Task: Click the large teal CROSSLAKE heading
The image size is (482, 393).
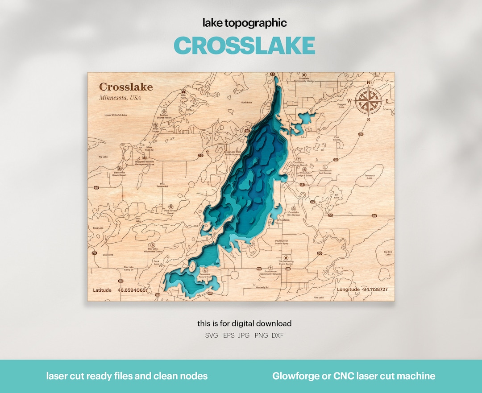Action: coord(244,46)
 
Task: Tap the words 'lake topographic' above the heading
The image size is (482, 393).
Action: coord(245,23)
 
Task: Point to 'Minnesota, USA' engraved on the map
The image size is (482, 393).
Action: coord(120,98)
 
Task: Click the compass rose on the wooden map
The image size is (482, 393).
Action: coord(368,101)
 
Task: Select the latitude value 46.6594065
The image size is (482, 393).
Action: coord(133,290)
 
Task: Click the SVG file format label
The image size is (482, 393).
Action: coord(211,335)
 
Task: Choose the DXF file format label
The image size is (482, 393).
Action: coord(277,335)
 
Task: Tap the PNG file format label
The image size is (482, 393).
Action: coord(262,335)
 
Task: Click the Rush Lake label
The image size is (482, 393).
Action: coord(246,103)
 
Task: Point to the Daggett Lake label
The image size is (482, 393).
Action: coord(342,106)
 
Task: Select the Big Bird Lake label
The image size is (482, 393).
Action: coord(388,253)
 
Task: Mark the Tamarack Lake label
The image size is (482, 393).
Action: coord(370,177)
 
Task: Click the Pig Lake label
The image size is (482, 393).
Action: coord(103,157)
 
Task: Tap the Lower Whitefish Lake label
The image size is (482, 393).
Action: coord(116,115)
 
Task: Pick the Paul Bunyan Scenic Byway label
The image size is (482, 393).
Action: coord(282,242)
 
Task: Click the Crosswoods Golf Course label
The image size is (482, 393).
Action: coord(325,171)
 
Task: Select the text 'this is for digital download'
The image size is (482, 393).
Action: coord(245,323)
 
